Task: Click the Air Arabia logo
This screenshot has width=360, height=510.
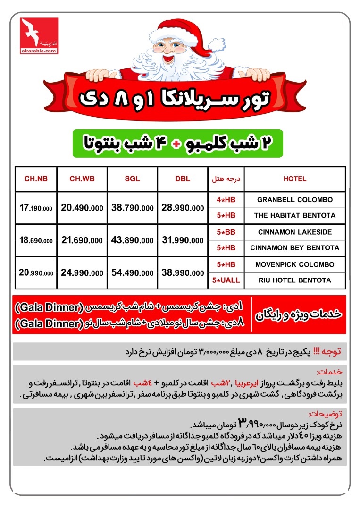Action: coord(39,36)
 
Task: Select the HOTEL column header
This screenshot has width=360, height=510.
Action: coord(294,179)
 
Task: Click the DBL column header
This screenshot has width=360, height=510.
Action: coord(182,179)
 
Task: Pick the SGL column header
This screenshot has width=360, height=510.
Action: coord(132,179)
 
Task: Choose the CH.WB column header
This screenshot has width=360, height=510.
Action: coord(82,179)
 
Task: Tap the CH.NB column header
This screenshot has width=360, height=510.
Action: coord(36,179)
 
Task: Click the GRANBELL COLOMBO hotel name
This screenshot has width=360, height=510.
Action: coord(294,200)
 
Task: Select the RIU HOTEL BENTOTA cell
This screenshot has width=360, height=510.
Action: coord(294,280)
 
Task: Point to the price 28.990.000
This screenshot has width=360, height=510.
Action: coord(182,208)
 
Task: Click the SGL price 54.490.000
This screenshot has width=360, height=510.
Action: coord(132,272)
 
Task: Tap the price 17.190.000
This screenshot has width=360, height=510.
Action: coord(36,208)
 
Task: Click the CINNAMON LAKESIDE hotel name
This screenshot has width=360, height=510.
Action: coord(294,232)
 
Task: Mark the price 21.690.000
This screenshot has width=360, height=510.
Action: coord(82,240)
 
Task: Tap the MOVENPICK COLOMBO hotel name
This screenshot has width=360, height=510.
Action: coord(294,264)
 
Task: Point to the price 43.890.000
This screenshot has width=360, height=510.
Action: coord(132,240)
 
